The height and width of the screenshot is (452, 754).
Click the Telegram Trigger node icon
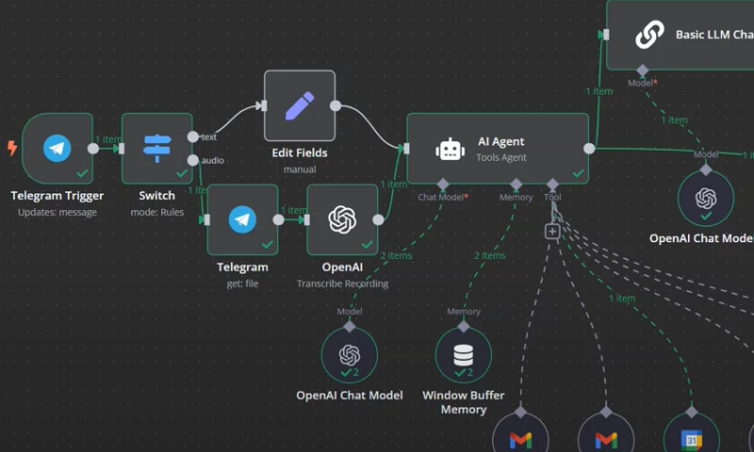(57, 148)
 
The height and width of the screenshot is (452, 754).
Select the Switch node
(156, 148)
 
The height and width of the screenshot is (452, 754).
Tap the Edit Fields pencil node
(300, 105)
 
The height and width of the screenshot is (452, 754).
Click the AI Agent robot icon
(451, 149)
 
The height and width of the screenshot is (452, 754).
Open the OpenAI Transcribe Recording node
(342, 219)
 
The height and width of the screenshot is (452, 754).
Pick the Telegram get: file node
(242, 219)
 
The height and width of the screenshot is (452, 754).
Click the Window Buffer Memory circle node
(463, 355)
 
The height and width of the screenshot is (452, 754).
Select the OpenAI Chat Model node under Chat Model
(350, 355)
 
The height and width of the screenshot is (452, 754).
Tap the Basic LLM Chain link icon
(648, 35)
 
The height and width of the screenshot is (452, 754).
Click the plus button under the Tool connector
(552, 232)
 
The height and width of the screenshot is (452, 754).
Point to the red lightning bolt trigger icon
(12, 148)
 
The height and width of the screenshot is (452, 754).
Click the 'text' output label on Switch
(209, 137)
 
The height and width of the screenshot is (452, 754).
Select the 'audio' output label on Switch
(212, 160)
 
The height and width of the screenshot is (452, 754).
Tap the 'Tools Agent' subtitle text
(501, 158)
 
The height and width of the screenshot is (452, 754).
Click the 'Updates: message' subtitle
(57, 213)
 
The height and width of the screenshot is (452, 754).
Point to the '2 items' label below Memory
(489, 255)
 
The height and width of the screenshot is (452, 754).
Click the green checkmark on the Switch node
(181, 173)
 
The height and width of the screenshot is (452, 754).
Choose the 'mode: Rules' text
(156, 212)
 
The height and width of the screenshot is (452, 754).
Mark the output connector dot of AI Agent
(589, 148)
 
